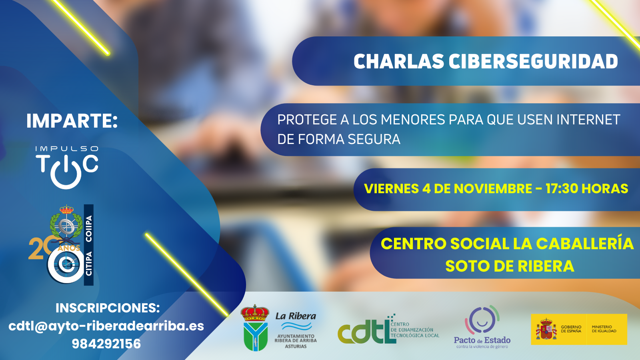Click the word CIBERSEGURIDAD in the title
pos(533,61)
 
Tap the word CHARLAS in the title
pos(399,61)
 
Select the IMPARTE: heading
pos(72,120)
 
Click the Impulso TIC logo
pos(67,168)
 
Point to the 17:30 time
pos(561,188)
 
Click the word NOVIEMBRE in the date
pos(493,188)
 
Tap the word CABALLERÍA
pos(584,244)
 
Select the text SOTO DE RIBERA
pos(510,266)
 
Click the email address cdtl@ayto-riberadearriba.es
pos(106,326)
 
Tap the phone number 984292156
pos(106,344)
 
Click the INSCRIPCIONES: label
pos(108,308)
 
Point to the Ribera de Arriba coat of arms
pos(255,328)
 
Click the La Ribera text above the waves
pos(296,316)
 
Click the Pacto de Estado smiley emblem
pos(482,320)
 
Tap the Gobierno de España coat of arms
pos(546,329)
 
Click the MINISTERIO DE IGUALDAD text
pos(604,329)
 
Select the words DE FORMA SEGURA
pos(339,140)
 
